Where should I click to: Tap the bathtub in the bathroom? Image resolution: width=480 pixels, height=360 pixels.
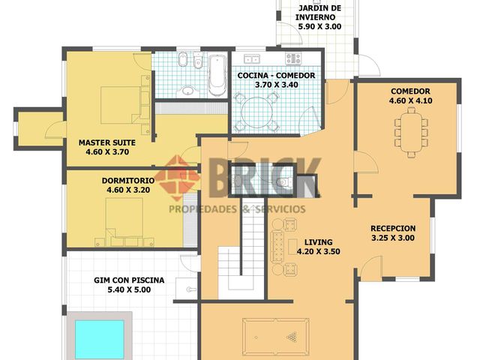coord(217,74)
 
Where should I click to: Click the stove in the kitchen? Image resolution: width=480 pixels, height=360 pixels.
coord(292,58)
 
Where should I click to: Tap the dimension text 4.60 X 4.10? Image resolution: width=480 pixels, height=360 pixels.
coord(411,100)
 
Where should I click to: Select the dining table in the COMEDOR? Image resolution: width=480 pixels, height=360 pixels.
coord(410,128)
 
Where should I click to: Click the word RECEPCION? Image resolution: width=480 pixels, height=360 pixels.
coord(393,228)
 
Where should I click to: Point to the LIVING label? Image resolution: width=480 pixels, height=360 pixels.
coord(318,241)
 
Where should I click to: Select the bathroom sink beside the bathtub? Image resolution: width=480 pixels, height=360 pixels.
coord(187,90)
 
